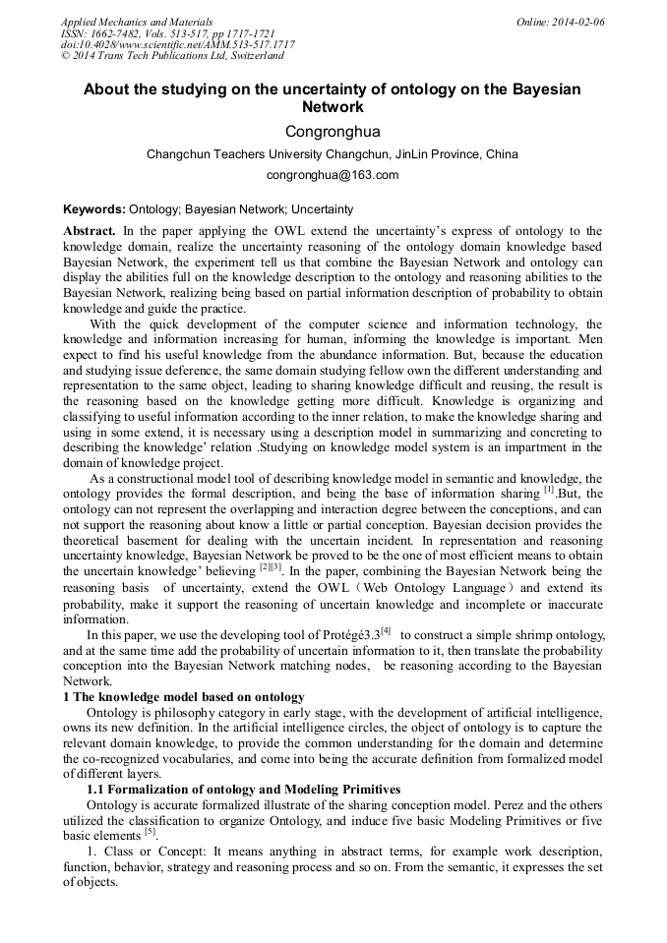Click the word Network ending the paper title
tap(333, 107)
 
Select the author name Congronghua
tap(333, 132)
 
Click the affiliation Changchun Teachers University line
tap(333, 154)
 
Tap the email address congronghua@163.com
tap(333, 176)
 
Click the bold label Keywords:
tap(94, 209)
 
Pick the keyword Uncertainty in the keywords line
tap(322, 209)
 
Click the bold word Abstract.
tap(90, 230)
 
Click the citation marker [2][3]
tap(271, 567)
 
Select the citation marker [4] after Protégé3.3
tap(387, 630)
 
